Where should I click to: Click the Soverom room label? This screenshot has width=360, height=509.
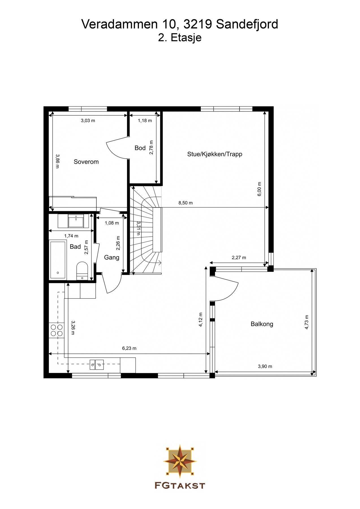[86, 162]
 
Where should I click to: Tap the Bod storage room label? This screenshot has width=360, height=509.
[140, 148]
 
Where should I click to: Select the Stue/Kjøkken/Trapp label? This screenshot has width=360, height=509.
[215, 154]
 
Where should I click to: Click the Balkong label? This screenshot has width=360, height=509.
[262, 324]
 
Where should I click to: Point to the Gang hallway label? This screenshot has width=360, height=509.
[112, 257]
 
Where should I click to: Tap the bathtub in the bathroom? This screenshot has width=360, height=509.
[58, 260]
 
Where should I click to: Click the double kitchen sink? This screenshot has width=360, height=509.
[96, 365]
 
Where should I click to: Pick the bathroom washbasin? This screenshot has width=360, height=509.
[76, 221]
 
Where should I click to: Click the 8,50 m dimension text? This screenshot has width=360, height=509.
[186, 203]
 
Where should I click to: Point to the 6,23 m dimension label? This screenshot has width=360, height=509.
[129, 348]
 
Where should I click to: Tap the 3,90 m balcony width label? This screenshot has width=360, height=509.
[265, 366]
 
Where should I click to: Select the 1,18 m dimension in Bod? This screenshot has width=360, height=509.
[145, 121]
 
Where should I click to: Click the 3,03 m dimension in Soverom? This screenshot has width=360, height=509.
[88, 121]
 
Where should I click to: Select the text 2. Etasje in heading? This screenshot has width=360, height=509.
[180, 38]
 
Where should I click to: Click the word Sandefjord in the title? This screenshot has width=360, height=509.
[247, 24]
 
